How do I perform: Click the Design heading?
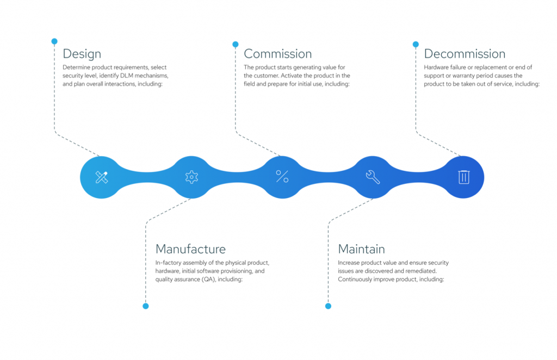[x=82, y=54]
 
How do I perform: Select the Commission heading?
[x=278, y=54]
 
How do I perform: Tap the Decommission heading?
[x=465, y=54]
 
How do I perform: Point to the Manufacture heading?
[x=190, y=249]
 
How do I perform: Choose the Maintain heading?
[x=361, y=249]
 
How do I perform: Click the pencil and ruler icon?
[x=102, y=177]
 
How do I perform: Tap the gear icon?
[x=191, y=177]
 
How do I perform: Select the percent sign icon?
[x=282, y=176]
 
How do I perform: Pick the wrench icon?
[x=373, y=177]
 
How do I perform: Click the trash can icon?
[x=463, y=177]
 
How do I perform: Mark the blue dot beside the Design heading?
[x=54, y=41]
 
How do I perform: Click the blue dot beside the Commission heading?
[x=236, y=45]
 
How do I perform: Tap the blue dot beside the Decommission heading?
[x=416, y=45]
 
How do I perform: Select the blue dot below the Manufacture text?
[x=146, y=306]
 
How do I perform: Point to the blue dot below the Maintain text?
[x=328, y=306]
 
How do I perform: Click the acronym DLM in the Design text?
[x=126, y=76]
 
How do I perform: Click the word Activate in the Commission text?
[x=291, y=76]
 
